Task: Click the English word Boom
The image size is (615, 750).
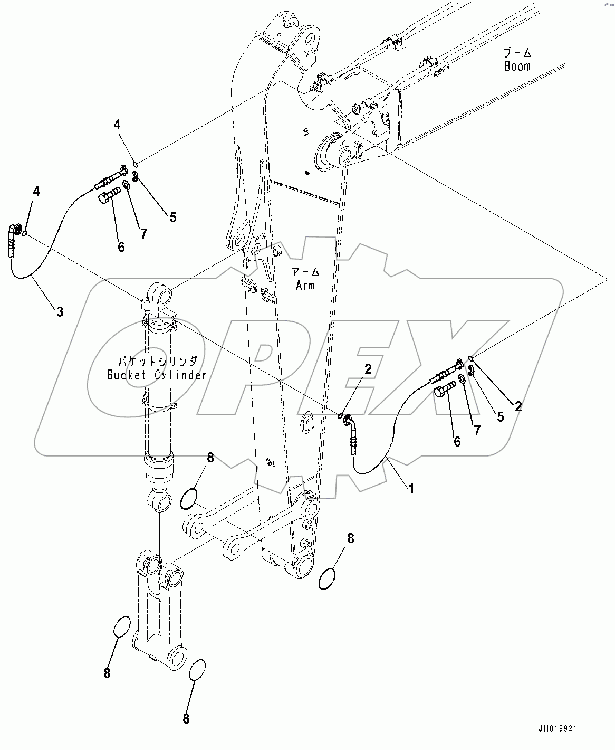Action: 516,67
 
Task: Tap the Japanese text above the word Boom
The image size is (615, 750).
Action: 517,53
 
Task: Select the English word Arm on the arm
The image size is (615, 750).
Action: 305,285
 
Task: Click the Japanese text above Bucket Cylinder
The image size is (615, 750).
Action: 157,362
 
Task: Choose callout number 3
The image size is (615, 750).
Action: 60,312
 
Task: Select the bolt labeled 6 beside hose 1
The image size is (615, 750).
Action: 443,393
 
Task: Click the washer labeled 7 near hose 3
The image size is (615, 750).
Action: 127,185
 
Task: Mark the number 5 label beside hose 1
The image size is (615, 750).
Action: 500,416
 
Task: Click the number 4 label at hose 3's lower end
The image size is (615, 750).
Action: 36,191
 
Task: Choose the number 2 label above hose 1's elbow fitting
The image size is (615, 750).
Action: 368,369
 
